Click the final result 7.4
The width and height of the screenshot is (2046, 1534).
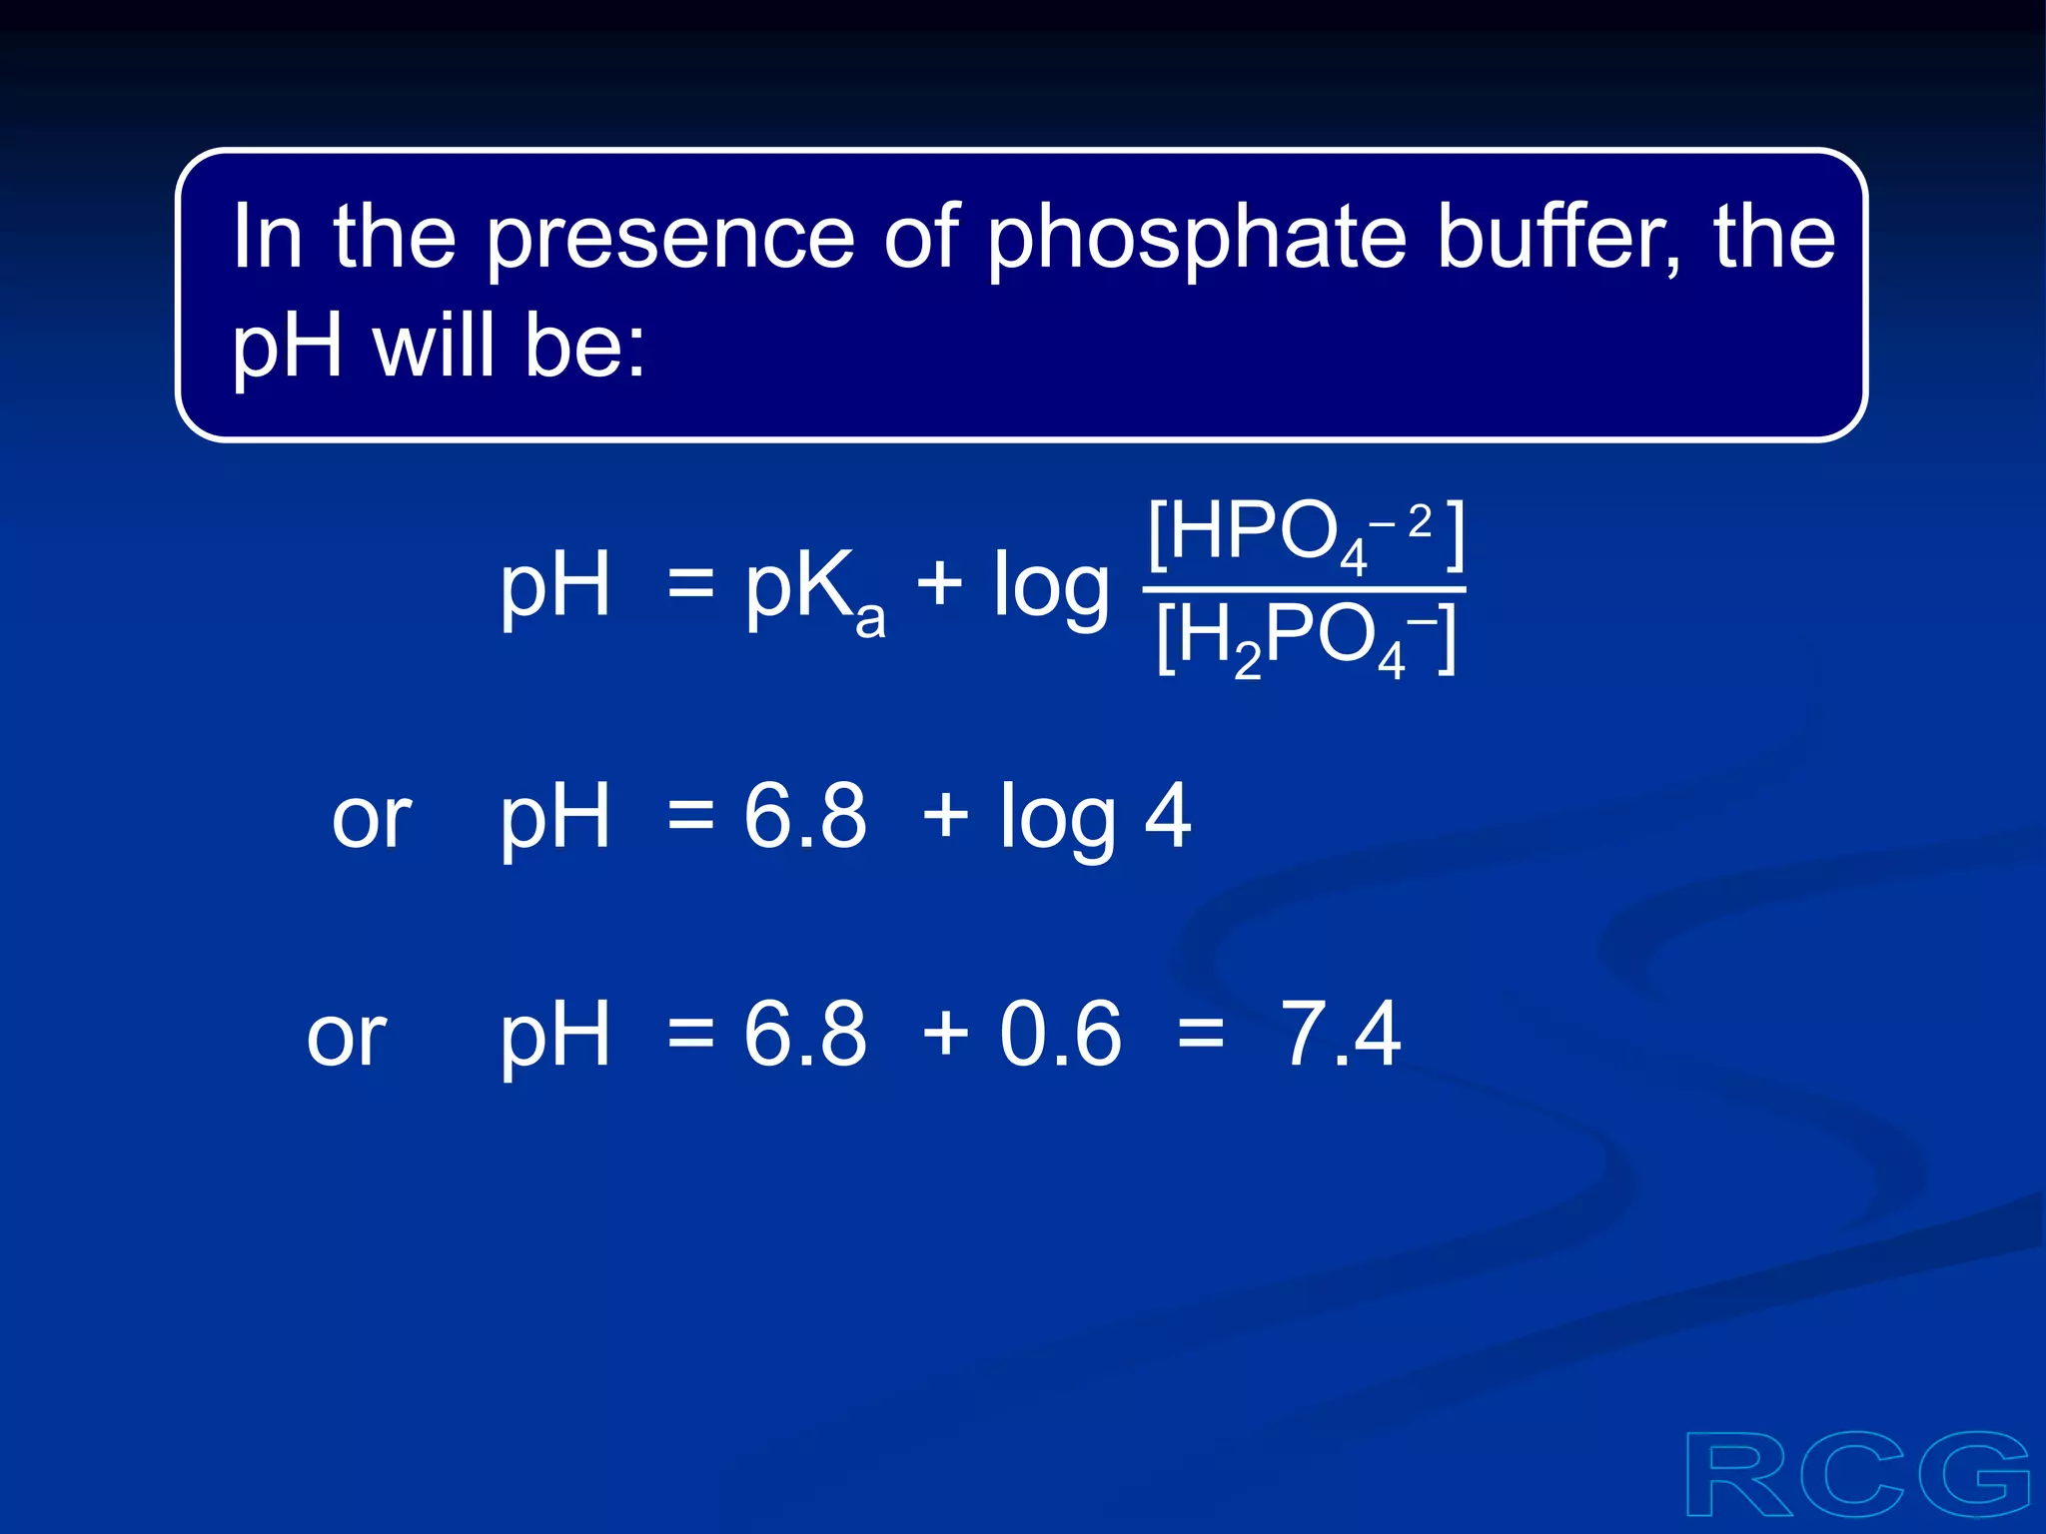pos(1341,1035)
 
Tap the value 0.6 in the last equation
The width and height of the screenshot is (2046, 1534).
pos(1061,1035)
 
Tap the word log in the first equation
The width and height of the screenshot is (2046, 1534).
pos(1051,588)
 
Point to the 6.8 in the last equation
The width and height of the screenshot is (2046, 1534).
pos(805,1035)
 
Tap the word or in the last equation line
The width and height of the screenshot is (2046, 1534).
pos(347,1039)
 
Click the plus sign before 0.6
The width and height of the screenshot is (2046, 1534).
pos(945,1035)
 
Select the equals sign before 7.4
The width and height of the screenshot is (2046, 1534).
pos(1201,1035)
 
